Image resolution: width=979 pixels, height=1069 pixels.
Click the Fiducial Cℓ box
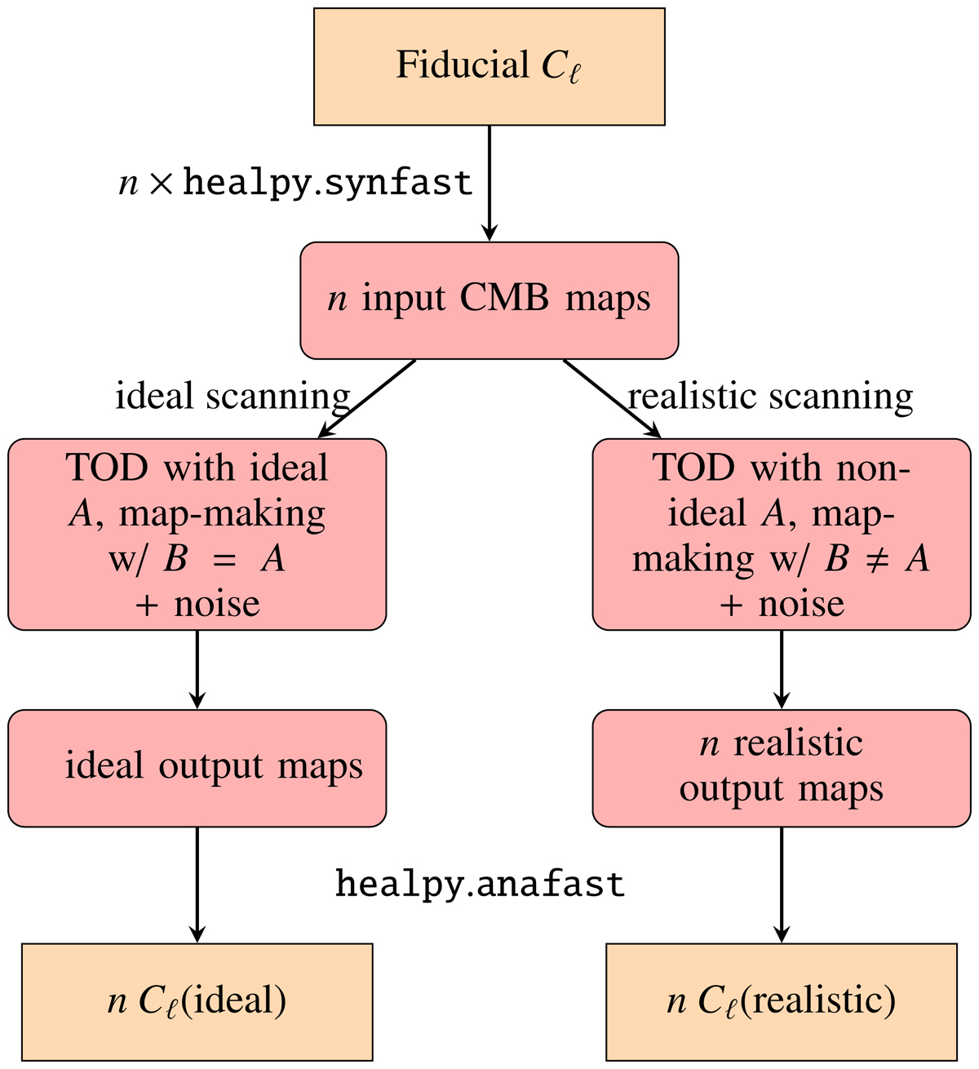coord(489,67)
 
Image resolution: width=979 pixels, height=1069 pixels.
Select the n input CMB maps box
coord(489,300)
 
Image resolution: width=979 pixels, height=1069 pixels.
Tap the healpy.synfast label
coord(295,183)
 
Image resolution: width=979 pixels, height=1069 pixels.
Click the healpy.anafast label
coord(480,884)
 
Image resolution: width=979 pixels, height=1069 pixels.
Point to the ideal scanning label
coord(233,397)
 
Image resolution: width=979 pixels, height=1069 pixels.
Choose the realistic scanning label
coord(770,397)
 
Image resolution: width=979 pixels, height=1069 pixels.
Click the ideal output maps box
coord(197,768)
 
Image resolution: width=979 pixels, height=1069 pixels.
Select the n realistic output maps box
coord(782,768)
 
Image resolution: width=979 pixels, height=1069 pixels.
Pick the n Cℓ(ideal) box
coord(197,1002)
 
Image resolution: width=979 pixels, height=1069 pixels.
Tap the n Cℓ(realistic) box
coord(782,1002)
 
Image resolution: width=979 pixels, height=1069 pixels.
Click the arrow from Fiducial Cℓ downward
coord(489,183)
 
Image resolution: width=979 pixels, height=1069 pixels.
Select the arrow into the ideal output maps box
coord(197,669)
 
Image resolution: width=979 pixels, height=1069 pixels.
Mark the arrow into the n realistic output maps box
coord(782,669)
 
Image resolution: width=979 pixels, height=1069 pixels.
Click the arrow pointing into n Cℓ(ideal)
coord(197,885)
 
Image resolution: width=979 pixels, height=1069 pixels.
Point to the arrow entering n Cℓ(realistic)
coord(782,885)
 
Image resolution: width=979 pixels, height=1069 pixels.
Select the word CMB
coord(505,299)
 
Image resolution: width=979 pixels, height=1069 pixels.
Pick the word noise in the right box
coord(801,605)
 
